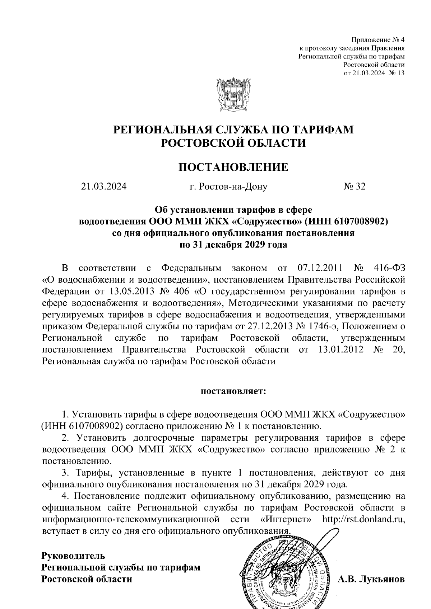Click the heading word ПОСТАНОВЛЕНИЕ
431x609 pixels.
(233, 167)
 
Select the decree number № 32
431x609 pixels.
(354, 187)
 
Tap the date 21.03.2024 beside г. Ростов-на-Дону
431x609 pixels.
(104, 187)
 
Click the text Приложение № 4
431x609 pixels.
(377, 39)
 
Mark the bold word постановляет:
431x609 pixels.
(233, 391)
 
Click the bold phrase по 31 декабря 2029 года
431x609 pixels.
(233, 245)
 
